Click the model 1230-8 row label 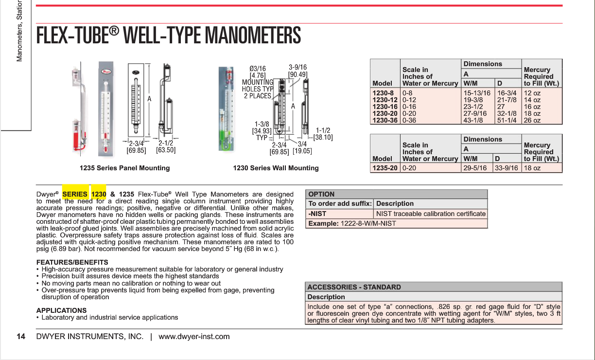(x=383, y=93)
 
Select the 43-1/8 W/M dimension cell (x=473, y=120)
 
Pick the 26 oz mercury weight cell (x=532, y=120)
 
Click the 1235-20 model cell (x=385, y=168)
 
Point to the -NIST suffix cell (x=317, y=214)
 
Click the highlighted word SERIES (x=75, y=194)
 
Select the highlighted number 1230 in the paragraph (x=99, y=194)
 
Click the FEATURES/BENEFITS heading (x=72, y=262)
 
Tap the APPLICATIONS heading (x=61, y=310)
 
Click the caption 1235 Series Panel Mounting (x=125, y=168)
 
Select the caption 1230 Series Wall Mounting (x=276, y=168)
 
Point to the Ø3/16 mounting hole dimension (x=258, y=69)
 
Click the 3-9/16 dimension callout (x=297, y=68)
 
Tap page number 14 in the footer (x=21, y=337)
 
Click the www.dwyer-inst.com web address (x=194, y=337)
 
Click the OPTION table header (x=321, y=194)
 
